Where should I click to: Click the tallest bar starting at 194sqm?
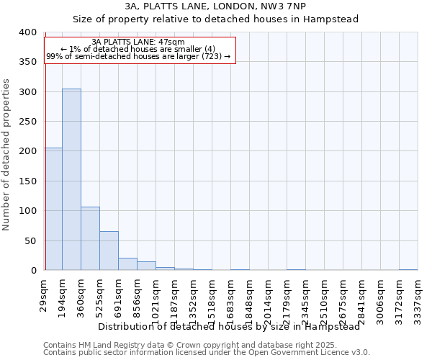71,179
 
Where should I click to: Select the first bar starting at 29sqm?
53,209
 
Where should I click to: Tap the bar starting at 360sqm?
90,238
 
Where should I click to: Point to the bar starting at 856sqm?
146,266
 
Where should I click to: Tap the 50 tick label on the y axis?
30,240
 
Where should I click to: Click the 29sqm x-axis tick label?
45,297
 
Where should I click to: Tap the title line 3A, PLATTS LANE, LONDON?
215,6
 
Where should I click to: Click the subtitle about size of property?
215,19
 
